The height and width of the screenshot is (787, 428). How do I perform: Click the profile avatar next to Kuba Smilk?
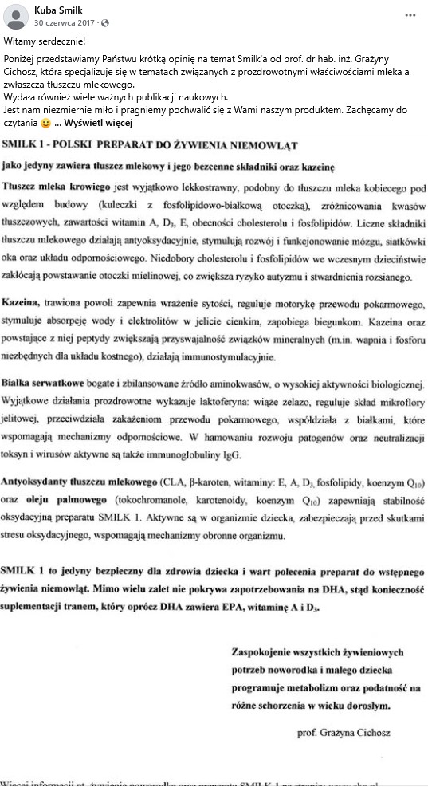pos(16,16)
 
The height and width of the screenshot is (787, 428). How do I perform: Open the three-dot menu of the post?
pos(410,15)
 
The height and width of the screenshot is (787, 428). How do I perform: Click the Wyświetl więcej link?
pos(98,124)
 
